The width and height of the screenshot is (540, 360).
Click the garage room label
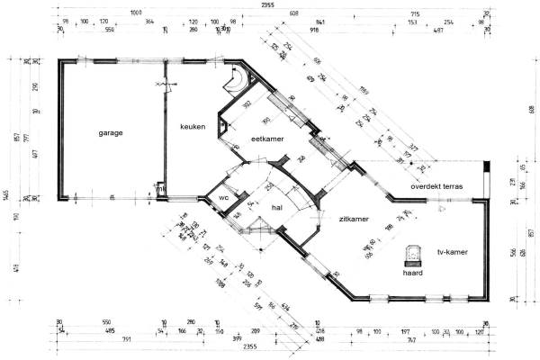tap(111, 132)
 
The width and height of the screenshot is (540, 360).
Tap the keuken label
tap(193, 126)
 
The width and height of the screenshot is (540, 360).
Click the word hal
tap(277, 208)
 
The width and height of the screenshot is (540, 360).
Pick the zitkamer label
tap(354, 220)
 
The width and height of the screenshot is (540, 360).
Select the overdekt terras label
tap(436, 186)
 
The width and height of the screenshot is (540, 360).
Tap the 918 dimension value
tap(314, 30)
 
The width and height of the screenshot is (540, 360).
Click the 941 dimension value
tap(319, 21)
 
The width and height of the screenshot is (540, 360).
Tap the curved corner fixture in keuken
tap(237, 81)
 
